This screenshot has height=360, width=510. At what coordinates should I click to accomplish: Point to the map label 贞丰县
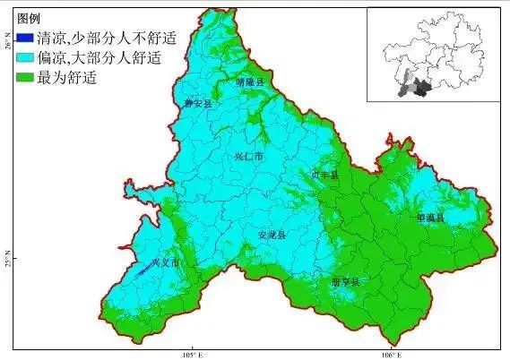click(x=325, y=175)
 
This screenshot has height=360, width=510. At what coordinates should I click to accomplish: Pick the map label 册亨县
click(x=345, y=282)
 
